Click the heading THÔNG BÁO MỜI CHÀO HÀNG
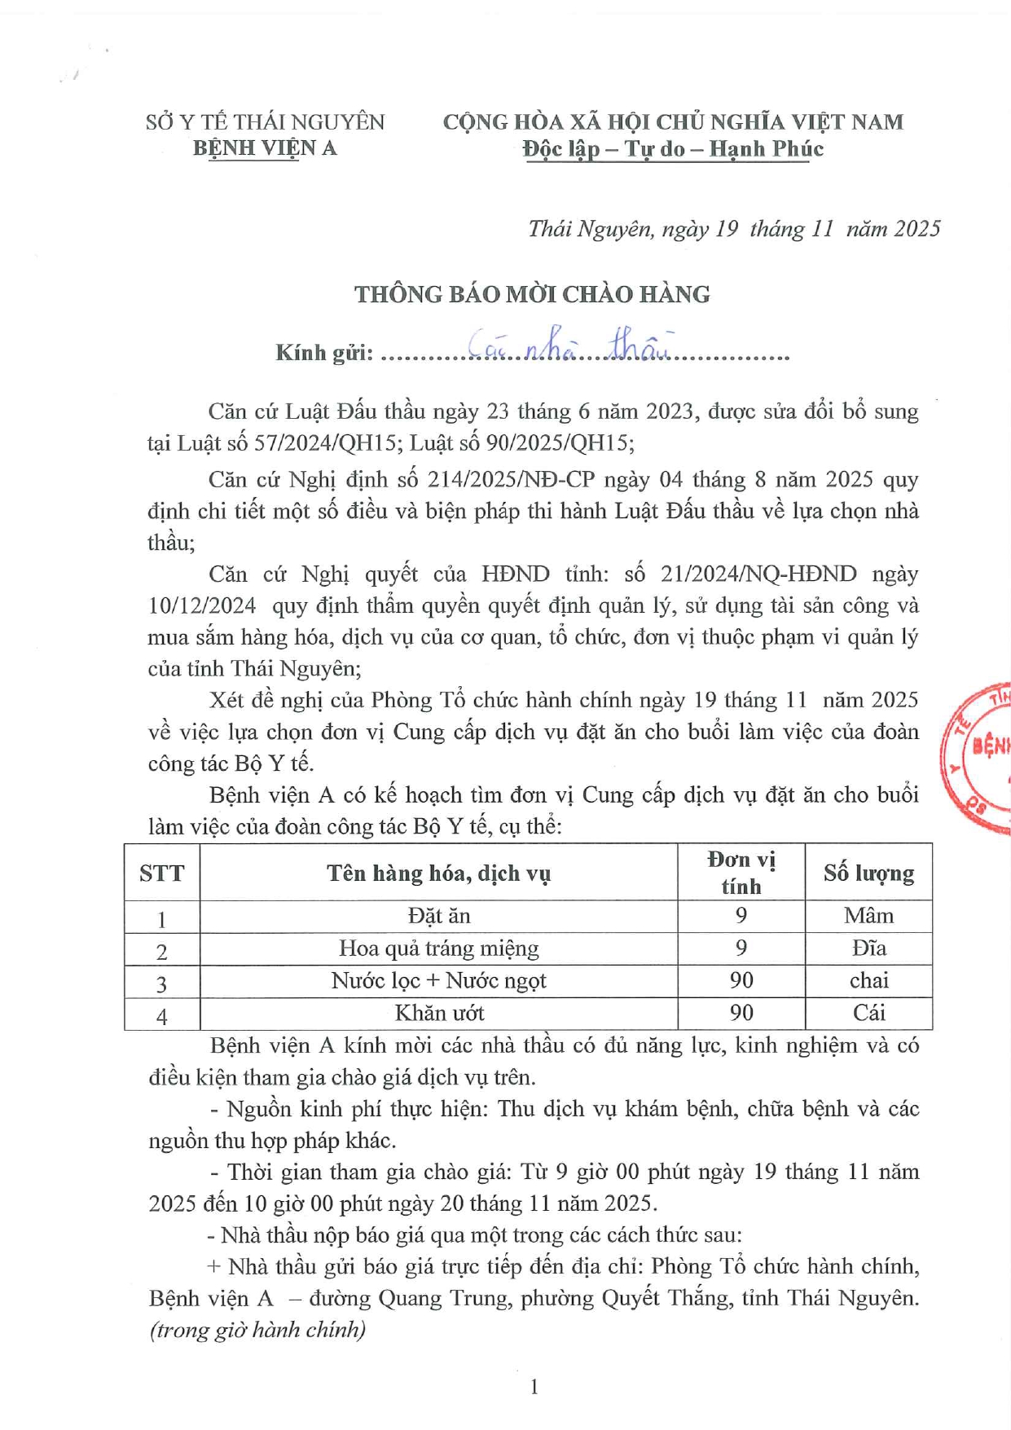[532, 294]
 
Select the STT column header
[161, 873]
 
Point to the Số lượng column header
[868, 873]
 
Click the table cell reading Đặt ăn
[439, 917]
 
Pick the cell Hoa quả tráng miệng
[439, 949]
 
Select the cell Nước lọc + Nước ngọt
[439, 981]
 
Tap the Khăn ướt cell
[439, 1014]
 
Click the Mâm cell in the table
[868, 917]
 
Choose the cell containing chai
[868, 981]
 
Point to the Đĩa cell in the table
[868, 949]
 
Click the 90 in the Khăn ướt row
[741, 1014]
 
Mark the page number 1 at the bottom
[534, 1386]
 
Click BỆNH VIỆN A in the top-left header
[265, 148]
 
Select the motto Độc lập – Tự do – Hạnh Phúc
[673, 149]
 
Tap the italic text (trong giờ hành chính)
[257, 1330]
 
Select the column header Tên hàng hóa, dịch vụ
[439, 873]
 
